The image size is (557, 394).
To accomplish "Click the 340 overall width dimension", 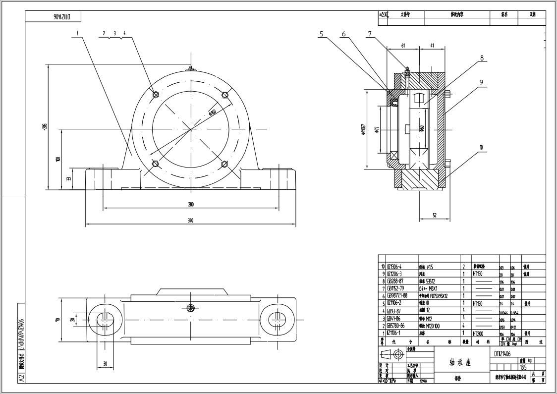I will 190,221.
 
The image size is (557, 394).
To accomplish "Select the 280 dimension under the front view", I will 190,204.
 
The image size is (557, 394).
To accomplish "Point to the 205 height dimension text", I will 44,127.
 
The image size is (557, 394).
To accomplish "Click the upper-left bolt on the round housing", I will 156,95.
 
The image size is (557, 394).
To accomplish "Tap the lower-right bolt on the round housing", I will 224,164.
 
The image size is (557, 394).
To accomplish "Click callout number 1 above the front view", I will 78,33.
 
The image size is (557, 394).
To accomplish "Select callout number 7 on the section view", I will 370,34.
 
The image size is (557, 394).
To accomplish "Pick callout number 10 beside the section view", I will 481,147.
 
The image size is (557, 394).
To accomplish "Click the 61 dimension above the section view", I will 403,45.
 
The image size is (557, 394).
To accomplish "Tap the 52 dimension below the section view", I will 434,215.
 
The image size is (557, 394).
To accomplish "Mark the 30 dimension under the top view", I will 105,364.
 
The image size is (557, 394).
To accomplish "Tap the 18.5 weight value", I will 523,367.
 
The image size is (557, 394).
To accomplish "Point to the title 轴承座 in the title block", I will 461,362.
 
